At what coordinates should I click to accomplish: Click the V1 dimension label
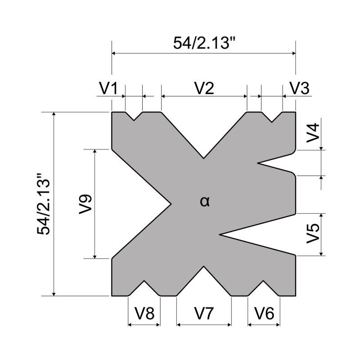point(108,88)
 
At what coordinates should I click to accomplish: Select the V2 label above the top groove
point(204,88)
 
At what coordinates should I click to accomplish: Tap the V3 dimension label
point(299,88)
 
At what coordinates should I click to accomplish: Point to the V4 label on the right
point(313,133)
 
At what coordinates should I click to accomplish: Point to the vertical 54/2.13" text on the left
point(44,204)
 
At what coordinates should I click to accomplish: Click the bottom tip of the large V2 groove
point(204,158)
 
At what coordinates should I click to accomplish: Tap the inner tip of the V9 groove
point(172,204)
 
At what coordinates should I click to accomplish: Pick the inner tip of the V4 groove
point(257,163)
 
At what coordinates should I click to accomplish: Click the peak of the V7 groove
point(204,267)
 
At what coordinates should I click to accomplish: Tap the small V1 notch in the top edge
point(134,120)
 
